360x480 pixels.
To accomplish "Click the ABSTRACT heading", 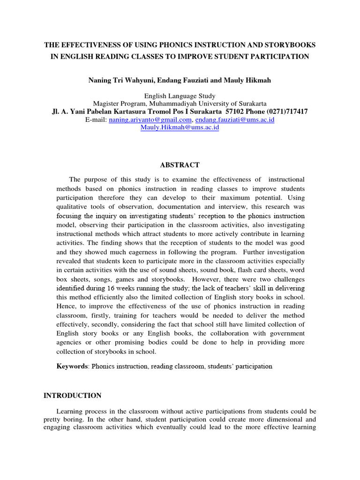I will tap(180, 165).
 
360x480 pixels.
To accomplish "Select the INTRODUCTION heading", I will tap(72, 396).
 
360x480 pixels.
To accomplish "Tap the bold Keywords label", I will tap(72, 366).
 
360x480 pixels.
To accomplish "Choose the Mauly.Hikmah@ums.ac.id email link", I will tap(180, 127).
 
